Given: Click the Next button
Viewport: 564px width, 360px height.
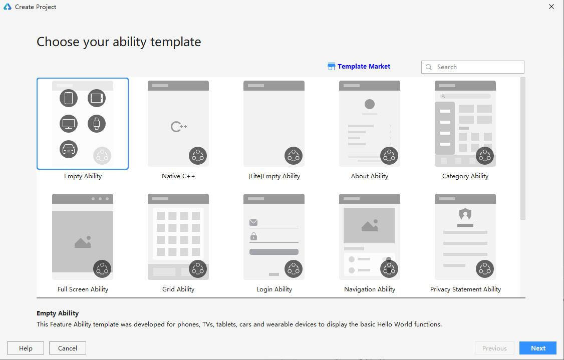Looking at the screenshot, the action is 538,348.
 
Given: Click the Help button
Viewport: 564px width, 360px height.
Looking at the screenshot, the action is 26,348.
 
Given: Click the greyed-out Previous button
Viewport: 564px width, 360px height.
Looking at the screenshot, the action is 494,348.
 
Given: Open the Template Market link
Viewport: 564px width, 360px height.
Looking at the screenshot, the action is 359,66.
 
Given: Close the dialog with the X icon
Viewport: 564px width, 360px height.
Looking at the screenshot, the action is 551,7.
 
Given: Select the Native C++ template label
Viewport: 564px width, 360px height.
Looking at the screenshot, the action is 178,176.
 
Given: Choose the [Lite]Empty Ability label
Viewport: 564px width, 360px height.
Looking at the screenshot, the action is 274,176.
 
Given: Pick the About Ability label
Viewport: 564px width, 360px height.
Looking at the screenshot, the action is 370,176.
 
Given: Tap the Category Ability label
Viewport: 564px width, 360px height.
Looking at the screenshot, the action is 465,176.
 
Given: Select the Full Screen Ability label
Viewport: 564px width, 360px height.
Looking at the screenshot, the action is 83,289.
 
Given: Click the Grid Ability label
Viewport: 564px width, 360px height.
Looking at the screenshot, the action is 178,289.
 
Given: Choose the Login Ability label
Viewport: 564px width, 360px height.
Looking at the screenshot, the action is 274,289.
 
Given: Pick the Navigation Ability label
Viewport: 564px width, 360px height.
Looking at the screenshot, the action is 370,289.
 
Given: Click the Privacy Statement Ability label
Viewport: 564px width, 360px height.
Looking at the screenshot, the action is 465,289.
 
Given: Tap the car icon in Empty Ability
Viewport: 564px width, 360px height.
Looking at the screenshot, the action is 69,149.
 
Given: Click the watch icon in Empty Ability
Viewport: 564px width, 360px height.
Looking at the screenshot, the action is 97,123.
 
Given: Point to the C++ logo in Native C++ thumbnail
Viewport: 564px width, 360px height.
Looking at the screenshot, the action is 178,127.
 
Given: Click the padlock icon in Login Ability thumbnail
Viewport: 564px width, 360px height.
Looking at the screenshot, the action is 253,236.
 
